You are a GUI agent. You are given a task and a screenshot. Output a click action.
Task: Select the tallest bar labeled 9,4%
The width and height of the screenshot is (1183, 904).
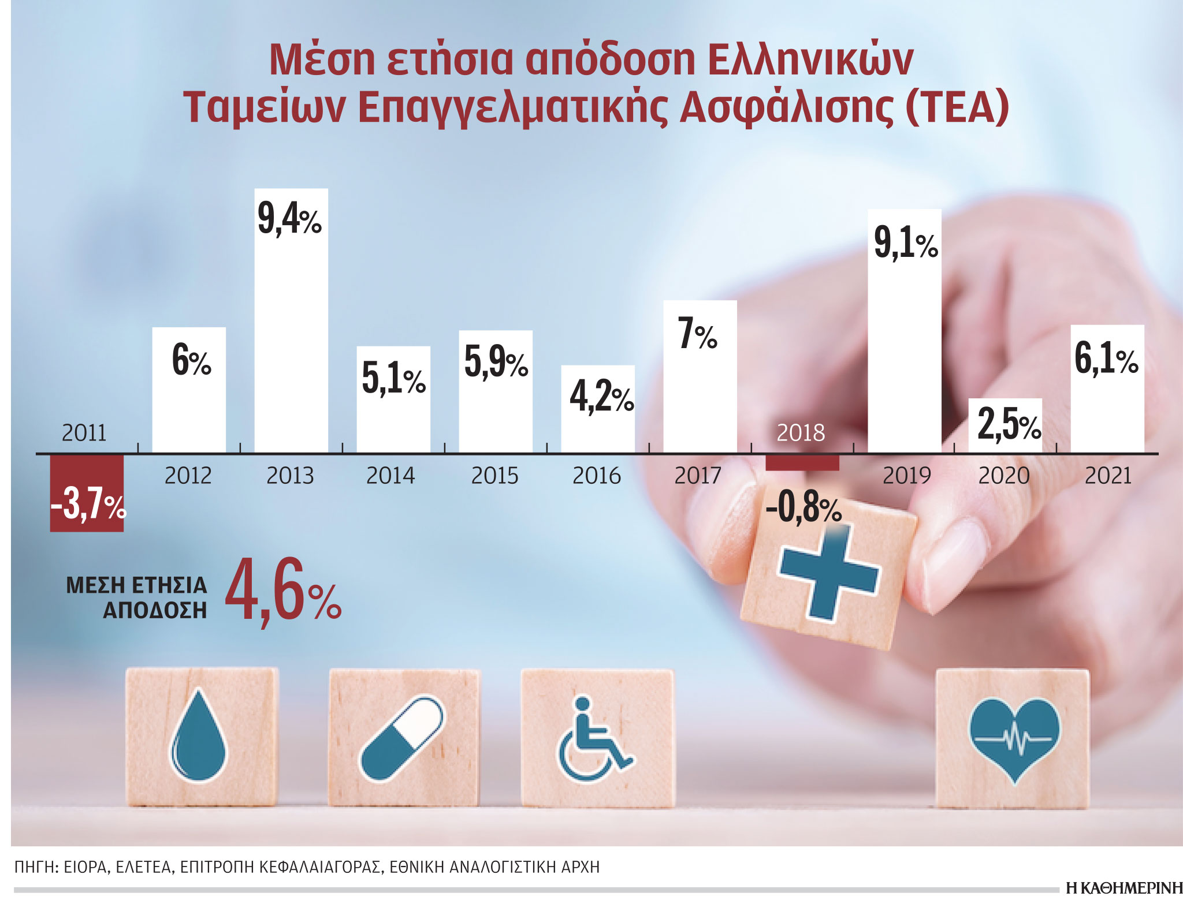(291, 323)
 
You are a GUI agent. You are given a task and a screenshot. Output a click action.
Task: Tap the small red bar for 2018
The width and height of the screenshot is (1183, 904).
(802, 462)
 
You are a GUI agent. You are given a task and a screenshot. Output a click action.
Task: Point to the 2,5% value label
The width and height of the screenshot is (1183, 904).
(1009, 425)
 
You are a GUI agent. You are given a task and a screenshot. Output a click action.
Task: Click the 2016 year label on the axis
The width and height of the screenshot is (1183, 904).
(596, 476)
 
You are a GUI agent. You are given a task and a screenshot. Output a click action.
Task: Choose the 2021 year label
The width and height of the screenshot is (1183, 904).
(1107, 476)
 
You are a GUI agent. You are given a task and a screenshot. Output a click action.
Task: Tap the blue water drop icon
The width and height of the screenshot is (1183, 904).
(198, 736)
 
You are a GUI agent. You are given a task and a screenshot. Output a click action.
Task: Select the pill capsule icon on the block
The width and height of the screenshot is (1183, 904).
(402, 738)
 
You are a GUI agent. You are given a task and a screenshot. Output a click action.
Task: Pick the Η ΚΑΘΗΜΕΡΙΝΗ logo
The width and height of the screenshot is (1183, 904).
(1124, 888)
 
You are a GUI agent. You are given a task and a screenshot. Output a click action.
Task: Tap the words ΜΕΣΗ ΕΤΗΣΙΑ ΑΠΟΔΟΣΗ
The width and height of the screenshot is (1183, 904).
(137, 597)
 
